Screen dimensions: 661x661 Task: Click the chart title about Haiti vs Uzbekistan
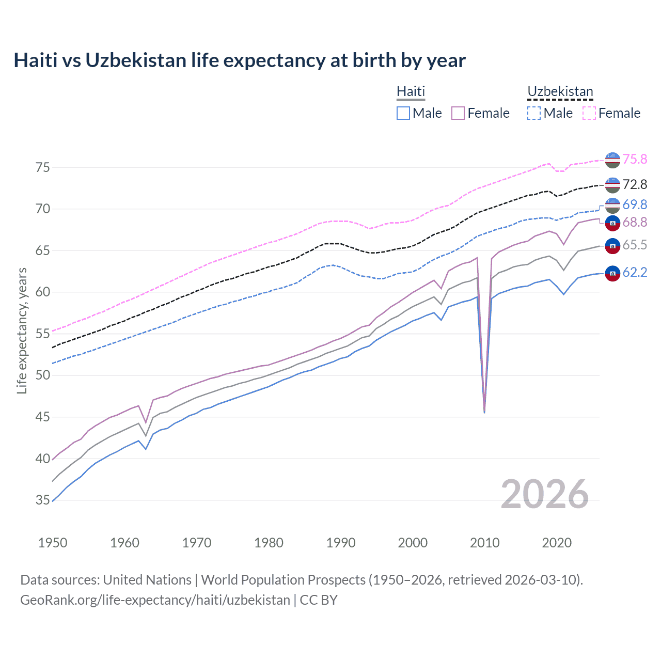click(240, 60)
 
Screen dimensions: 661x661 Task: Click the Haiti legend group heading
click(411, 91)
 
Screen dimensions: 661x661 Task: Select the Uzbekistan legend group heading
click(560, 91)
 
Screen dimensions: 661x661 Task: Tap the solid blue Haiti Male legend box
click(403, 113)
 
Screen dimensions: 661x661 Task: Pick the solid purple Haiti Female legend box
click(458, 113)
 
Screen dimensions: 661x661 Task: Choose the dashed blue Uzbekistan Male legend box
click(534, 113)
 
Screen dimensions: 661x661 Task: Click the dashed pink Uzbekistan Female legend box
click(589, 113)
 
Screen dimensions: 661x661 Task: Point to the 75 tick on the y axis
click(43, 167)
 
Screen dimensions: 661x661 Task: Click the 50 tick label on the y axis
click(43, 375)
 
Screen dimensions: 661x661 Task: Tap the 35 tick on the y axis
click(43, 500)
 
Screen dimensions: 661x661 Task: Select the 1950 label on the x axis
click(53, 543)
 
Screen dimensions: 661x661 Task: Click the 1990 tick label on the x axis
click(341, 543)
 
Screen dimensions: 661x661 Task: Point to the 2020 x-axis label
click(557, 543)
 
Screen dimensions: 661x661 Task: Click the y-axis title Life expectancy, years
click(22, 330)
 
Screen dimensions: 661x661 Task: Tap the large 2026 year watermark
click(544, 494)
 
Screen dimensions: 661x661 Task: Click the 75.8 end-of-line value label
click(635, 160)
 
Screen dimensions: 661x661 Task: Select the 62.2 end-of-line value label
click(635, 272)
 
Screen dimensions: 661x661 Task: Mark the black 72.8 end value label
click(635, 185)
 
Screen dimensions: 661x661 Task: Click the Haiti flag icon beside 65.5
click(612, 246)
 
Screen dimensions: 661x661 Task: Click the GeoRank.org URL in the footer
click(155, 600)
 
